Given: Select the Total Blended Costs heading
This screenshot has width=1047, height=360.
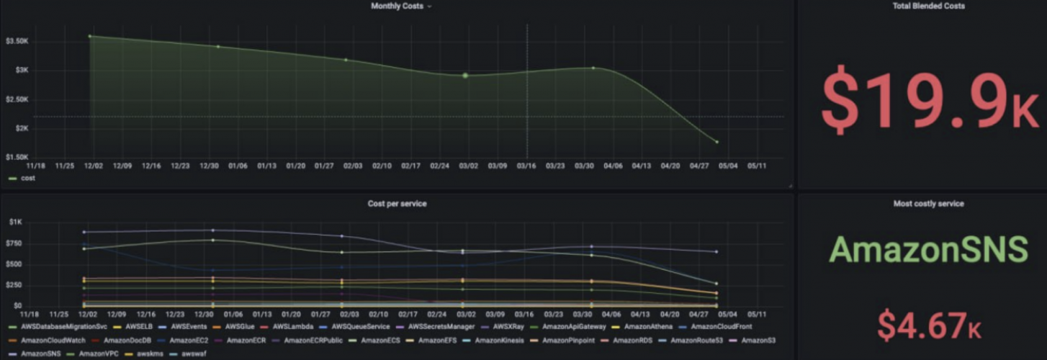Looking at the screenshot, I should tap(922, 6).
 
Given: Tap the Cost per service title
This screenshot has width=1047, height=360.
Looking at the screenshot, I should tap(397, 204).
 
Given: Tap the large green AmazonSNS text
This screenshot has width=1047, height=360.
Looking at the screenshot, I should tap(929, 249).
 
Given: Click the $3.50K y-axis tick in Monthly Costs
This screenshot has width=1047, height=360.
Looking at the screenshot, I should tap(17, 41).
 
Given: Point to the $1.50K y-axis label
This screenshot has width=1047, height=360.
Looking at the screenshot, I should tap(17, 157).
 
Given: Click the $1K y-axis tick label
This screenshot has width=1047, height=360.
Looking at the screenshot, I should tap(17, 222).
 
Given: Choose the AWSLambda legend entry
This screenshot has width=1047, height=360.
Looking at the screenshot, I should tap(292, 327).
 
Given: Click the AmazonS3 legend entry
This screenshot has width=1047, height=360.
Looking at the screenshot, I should tap(758, 340).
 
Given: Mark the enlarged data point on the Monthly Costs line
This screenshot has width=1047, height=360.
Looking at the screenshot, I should tap(465, 75).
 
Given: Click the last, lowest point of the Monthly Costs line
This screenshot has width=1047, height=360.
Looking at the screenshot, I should tap(717, 142).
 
